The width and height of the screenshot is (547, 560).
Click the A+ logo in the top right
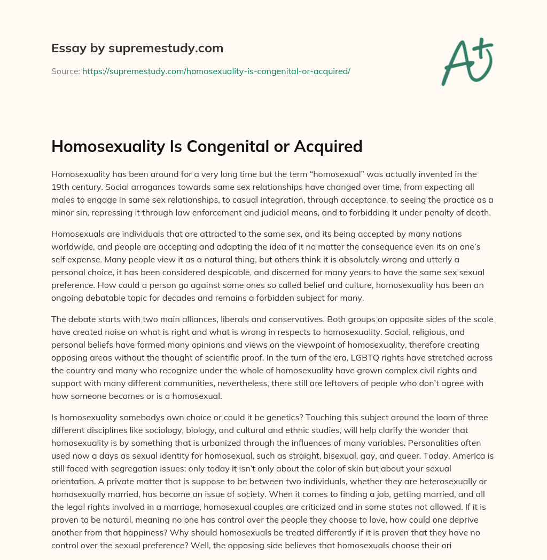tap(466, 61)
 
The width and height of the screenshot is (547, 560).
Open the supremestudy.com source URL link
tap(216, 70)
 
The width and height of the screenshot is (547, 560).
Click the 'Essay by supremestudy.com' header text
tap(137, 49)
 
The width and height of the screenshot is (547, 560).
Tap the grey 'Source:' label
tap(65, 70)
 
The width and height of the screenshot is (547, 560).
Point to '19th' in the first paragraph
tap(60, 187)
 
